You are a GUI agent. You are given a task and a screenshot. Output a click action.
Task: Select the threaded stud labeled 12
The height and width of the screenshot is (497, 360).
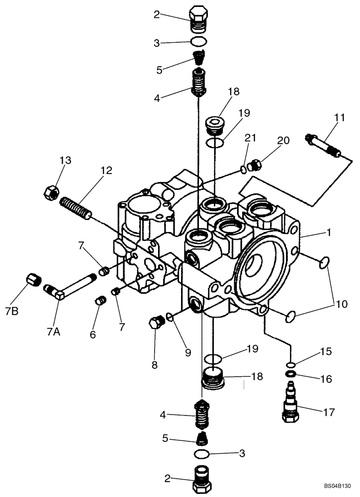click(x=76, y=208)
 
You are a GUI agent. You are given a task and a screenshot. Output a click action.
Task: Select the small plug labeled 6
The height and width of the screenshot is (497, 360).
click(x=99, y=302)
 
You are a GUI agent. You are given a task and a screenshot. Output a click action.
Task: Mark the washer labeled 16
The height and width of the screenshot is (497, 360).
click(x=291, y=374)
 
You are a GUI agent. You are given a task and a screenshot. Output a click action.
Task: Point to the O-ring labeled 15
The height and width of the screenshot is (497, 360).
click(x=291, y=364)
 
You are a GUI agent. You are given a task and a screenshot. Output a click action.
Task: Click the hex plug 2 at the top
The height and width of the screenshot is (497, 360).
click(x=198, y=18)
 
